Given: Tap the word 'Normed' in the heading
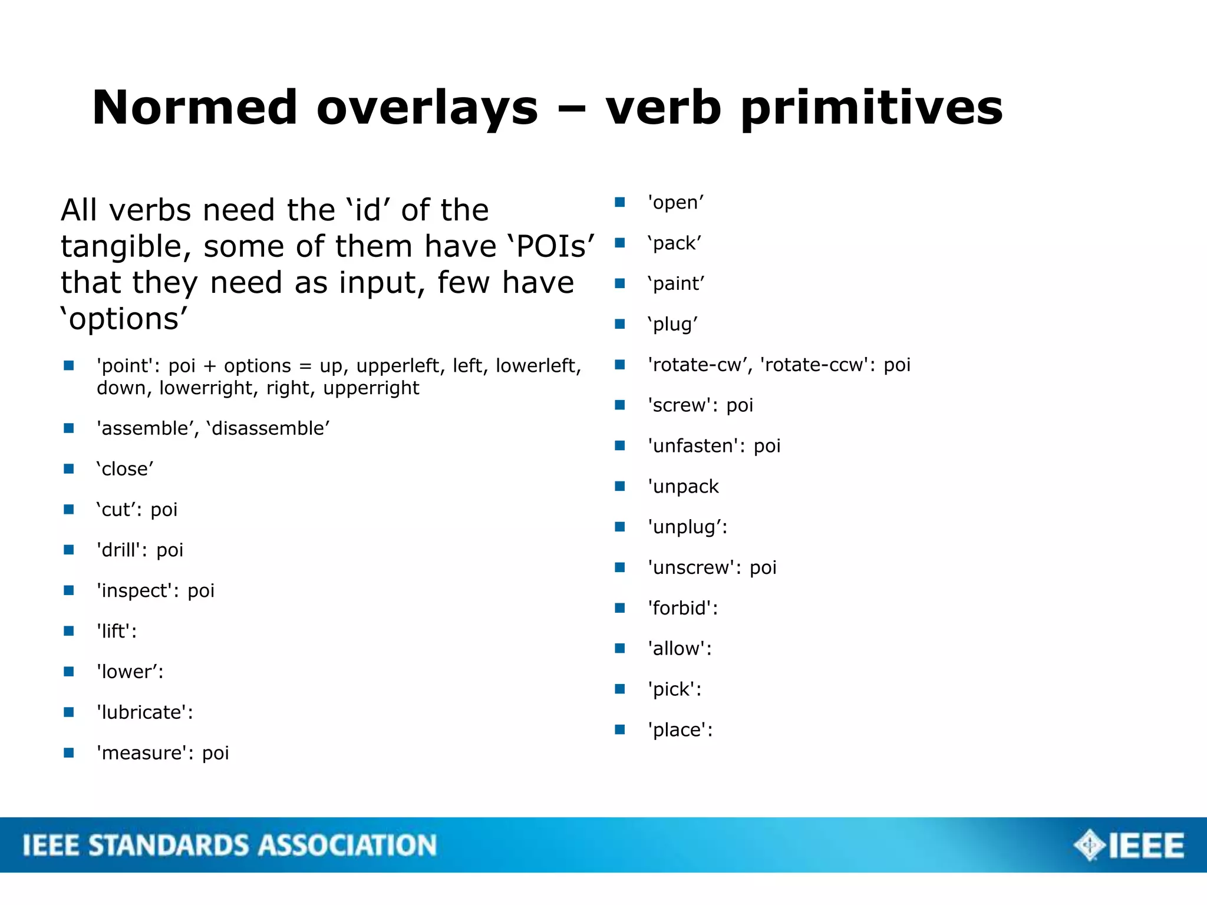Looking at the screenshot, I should [x=194, y=108].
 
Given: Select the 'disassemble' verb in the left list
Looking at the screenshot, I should [x=268, y=428].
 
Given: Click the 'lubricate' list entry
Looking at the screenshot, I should [x=144, y=712].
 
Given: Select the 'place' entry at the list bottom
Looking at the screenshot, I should [x=680, y=730].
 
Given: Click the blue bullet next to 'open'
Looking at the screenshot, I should [x=619, y=202].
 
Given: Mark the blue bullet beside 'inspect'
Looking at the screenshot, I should [x=69, y=590].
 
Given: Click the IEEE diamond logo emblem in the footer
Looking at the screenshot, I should [x=1089, y=845].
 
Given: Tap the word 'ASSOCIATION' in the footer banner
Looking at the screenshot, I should [x=347, y=845].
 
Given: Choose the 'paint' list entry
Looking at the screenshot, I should [x=675, y=283].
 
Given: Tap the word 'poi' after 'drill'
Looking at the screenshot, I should [x=170, y=550].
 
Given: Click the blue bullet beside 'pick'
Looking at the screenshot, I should [x=619, y=689].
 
